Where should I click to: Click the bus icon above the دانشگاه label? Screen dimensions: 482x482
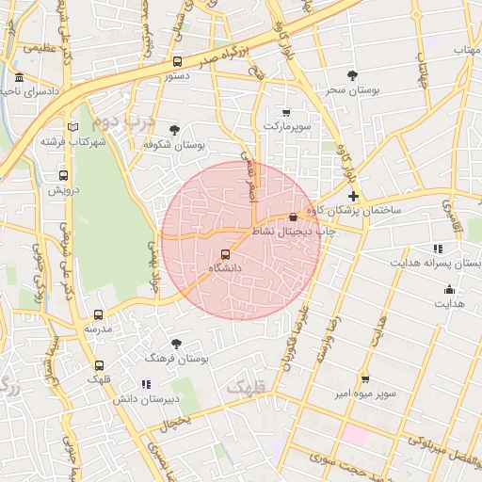coord(224,254)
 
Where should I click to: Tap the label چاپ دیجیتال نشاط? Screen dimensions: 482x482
coord(286,232)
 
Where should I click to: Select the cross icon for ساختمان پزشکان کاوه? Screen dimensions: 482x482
coord(353,197)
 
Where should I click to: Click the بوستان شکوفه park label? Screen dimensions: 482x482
coord(175,145)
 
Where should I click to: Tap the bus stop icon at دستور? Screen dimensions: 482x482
coord(177,61)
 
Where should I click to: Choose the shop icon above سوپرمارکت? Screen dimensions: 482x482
coord(286,112)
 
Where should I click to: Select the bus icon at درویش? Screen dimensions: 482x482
coord(63,175)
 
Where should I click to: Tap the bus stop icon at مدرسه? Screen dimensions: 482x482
coord(99,315)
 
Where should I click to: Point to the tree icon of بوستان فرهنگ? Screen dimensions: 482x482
coord(175,345)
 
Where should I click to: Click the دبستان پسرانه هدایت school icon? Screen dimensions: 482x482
coord(438,249)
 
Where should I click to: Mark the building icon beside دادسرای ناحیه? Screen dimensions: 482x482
coord(20,77)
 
